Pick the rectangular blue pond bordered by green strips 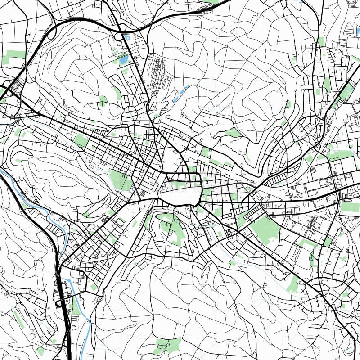click(123, 59)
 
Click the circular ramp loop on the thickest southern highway click(59, 301)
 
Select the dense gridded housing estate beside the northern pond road click(160, 72)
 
